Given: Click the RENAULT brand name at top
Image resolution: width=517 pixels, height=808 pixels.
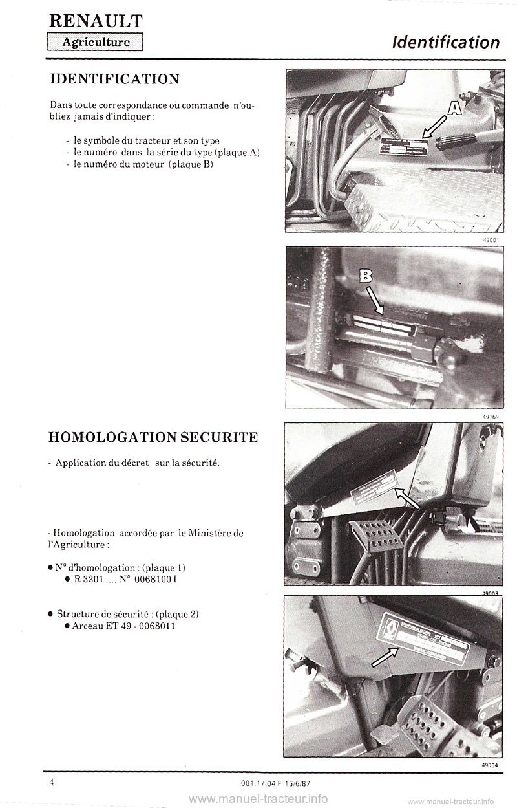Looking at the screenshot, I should click(96, 21).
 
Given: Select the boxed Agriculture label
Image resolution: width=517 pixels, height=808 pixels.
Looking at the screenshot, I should click(95, 43).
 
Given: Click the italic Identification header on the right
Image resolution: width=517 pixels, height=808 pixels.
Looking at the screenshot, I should click(446, 43).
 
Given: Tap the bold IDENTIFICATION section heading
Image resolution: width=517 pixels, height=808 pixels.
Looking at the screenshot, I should click(114, 79).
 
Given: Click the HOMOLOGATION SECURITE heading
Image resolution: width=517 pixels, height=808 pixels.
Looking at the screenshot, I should click(153, 437).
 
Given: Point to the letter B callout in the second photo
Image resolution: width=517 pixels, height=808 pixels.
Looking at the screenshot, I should click(366, 277).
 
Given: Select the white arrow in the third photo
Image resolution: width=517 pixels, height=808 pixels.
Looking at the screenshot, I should click(406, 497).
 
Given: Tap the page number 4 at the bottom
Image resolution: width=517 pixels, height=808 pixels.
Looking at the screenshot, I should click(52, 782).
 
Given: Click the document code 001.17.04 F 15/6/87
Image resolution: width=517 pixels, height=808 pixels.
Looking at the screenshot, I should click(275, 784).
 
